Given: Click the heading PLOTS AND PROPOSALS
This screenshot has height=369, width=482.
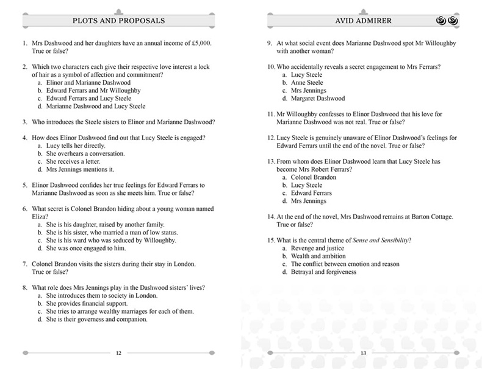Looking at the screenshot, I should click(x=119, y=21).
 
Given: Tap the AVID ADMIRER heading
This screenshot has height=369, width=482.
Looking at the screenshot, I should click(x=362, y=21).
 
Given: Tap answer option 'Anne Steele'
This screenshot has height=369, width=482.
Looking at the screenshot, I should click(x=307, y=82).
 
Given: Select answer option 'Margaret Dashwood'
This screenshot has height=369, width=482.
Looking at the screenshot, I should click(x=318, y=98).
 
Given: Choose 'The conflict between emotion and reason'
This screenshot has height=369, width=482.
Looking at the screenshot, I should click(x=345, y=264).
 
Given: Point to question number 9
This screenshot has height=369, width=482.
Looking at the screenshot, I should click(x=270, y=43).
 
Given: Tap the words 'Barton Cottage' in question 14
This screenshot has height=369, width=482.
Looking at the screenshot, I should click(x=428, y=216).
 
